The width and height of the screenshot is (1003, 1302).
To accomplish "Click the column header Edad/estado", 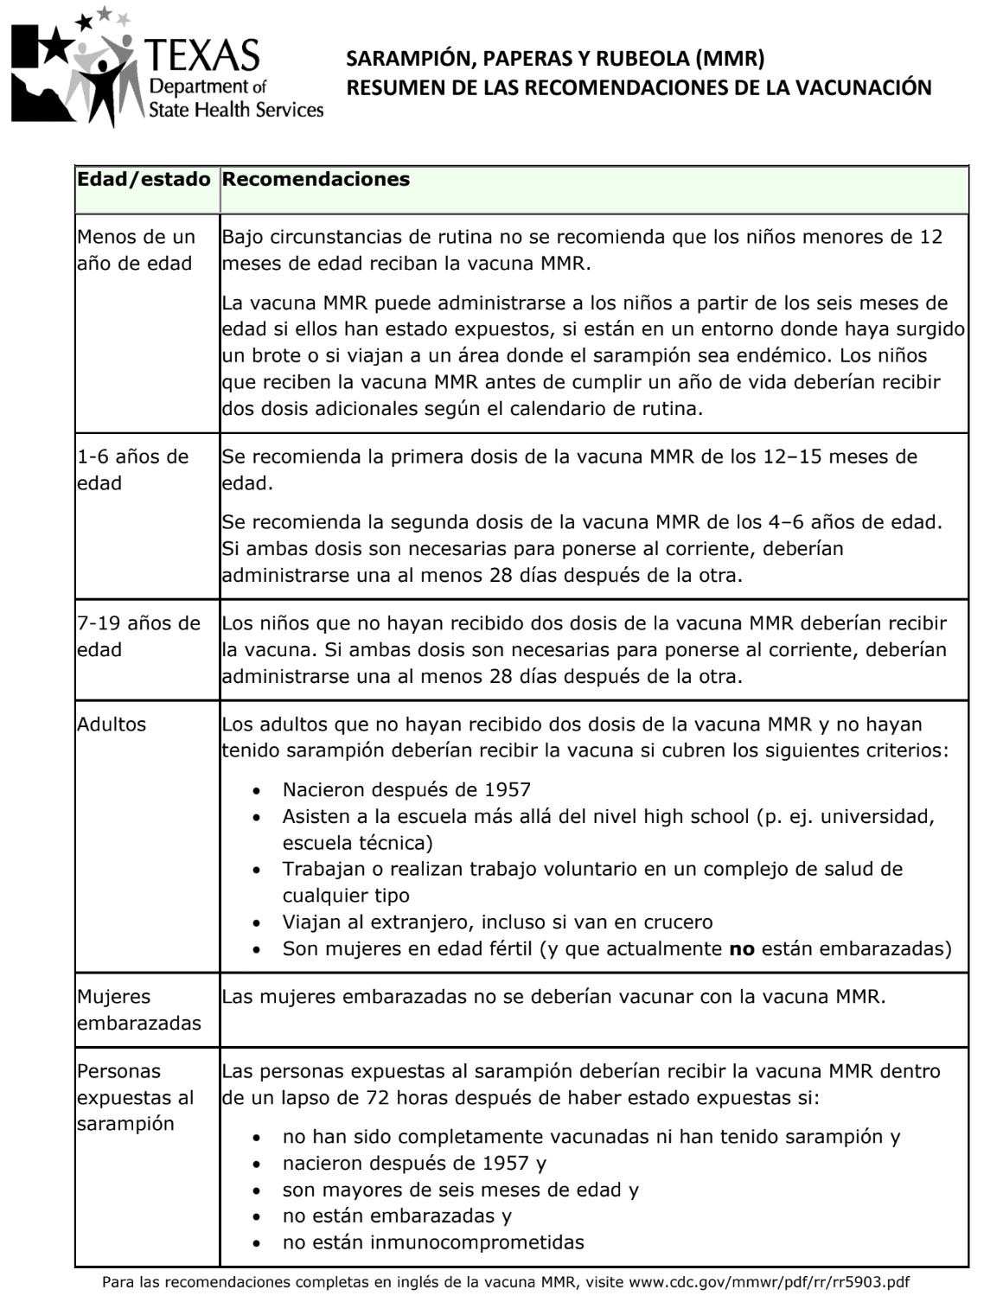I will (x=144, y=180).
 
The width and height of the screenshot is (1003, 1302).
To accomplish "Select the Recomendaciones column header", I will (x=316, y=180).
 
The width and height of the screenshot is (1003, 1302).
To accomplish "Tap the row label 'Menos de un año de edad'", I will (x=136, y=250).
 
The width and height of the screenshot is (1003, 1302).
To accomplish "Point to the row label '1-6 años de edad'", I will (x=132, y=469).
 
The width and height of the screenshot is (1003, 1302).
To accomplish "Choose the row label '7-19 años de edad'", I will (x=138, y=636).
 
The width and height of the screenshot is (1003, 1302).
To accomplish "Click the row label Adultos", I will (x=112, y=724).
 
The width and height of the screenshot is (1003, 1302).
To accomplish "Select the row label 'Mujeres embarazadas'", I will (x=138, y=1010).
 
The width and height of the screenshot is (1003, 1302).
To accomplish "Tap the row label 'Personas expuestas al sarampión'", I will (x=135, y=1097).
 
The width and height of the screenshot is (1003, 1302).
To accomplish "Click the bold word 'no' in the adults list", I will (x=742, y=948).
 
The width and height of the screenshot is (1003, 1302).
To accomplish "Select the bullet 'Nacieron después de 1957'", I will (x=406, y=789).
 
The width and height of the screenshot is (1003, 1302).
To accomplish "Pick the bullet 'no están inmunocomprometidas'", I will (x=433, y=1242).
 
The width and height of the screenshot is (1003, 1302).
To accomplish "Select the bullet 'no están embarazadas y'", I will (x=397, y=1216).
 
